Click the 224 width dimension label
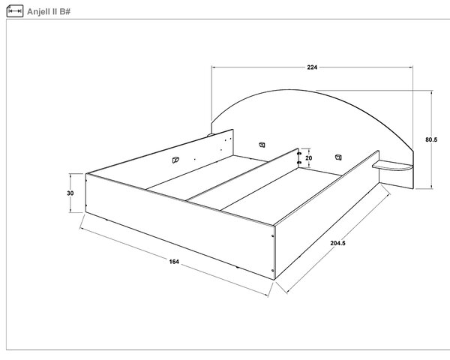pos(312,67)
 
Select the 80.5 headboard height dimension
pos(431,139)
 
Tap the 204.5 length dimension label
pos(337,243)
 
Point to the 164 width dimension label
pos(174,262)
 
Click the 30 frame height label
pos(70,193)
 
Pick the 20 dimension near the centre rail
pos(308,158)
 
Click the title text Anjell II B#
pos(49,12)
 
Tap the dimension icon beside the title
pos(15,11)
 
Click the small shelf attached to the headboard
pos(392,166)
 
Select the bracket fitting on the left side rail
pos(175,160)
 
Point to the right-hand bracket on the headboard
pos(339,157)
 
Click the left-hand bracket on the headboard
pos(262,145)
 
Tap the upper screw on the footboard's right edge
pos(273,236)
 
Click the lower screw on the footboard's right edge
pos(273,270)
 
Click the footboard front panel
pos(180,226)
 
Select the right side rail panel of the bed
pos(327,214)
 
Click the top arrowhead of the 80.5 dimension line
pos(431,92)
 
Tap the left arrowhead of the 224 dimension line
pos(214,67)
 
